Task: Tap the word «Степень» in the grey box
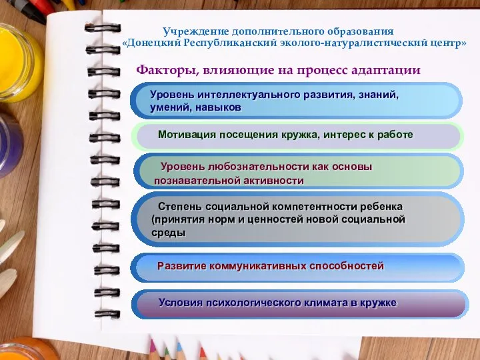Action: click(178, 206)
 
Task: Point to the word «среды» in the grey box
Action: click(169, 233)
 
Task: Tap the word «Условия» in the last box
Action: click(180, 303)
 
